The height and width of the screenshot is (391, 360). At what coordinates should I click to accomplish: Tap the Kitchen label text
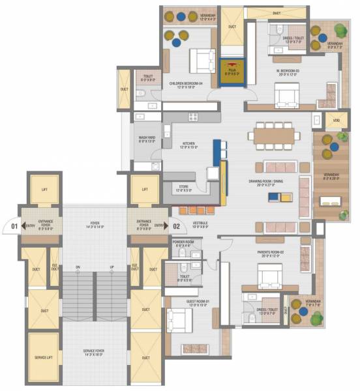pos(189,145)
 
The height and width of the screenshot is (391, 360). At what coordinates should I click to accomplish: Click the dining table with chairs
pos(274,136)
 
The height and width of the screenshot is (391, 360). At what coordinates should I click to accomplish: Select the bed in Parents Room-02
pos(268,278)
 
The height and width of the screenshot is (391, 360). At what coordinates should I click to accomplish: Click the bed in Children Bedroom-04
pos(202,61)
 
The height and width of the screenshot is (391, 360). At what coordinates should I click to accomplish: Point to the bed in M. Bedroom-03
pos(286,96)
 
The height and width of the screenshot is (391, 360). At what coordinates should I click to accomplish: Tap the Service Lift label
pos(44,358)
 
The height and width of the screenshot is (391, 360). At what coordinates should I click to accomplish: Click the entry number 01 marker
pos(9,227)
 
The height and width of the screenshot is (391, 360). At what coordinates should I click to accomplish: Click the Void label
pos(336,121)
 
